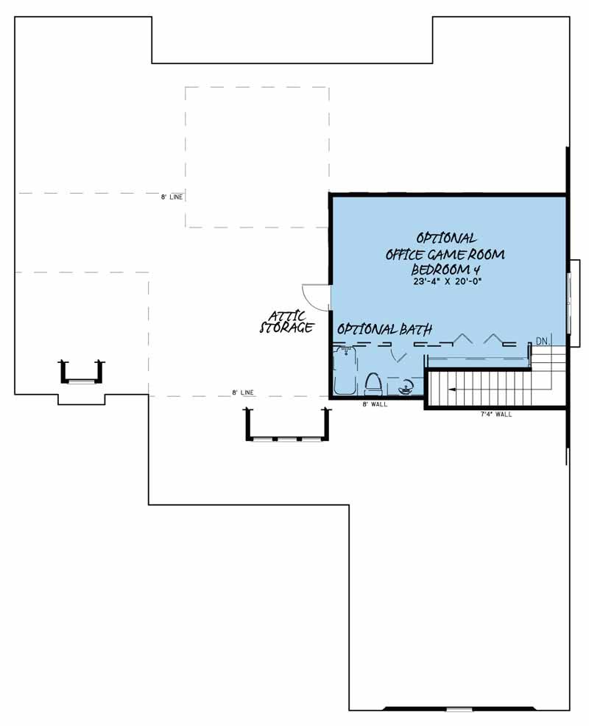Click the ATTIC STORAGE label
coord(286,322)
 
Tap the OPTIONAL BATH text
coord(384,329)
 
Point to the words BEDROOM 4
coord(445,269)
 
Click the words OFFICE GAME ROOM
coord(445,254)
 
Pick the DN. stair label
coord(543,342)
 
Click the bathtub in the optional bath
coord(345,372)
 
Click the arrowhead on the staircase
coord(451,390)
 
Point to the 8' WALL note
coord(375,404)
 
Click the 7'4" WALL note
coord(496,415)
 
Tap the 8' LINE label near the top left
coord(172,197)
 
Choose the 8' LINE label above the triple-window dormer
coord(243,392)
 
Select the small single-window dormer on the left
coord(82,373)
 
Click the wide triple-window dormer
coord(288,423)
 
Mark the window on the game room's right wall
coord(570,303)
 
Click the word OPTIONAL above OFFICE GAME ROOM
coord(446,238)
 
